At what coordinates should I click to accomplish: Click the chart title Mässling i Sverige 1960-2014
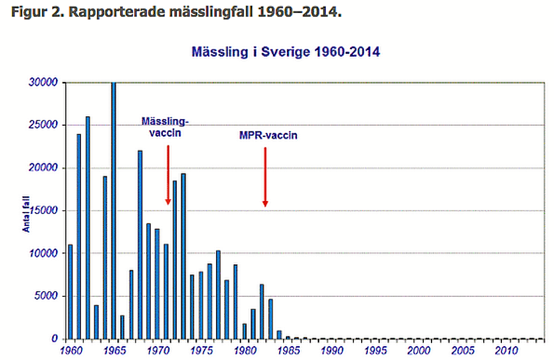point(285,53)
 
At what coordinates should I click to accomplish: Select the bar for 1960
point(70,291)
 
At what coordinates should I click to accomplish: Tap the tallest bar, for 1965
point(114,210)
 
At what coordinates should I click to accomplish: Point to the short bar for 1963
point(96,322)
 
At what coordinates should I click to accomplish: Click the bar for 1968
point(140,244)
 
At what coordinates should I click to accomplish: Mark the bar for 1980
point(244,331)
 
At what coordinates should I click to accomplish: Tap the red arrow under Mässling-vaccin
point(168,174)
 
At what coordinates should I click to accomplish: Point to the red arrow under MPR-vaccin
point(265,177)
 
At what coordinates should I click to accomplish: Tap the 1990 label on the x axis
point(331,351)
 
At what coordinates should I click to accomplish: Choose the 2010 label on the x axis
point(506,351)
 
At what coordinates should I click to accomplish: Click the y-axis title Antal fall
point(25,210)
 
